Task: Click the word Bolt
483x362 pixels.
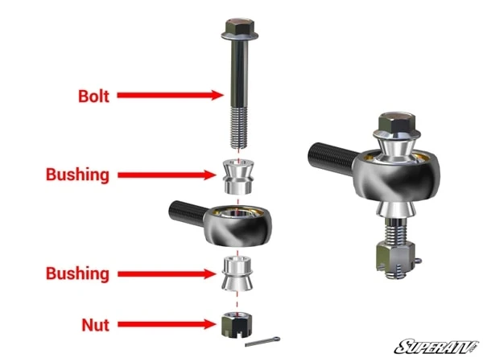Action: (x=93, y=97)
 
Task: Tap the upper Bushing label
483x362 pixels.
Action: (x=77, y=175)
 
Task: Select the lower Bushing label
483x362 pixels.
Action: (x=77, y=274)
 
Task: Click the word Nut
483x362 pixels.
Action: (x=96, y=325)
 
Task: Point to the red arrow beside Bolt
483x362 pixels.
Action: (x=171, y=95)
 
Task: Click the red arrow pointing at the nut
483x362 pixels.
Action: (x=167, y=324)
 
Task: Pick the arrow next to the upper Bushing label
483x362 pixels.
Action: (x=167, y=175)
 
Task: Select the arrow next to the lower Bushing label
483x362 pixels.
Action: (x=167, y=274)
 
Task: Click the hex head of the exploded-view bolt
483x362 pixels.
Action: (x=240, y=29)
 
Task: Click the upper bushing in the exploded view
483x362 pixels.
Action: (x=238, y=177)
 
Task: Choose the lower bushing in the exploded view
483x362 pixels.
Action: (x=237, y=274)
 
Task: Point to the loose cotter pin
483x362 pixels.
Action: (x=262, y=341)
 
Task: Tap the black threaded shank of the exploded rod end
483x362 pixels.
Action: (x=188, y=212)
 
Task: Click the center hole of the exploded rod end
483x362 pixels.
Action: (x=237, y=213)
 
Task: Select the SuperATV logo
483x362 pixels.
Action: (x=437, y=347)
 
